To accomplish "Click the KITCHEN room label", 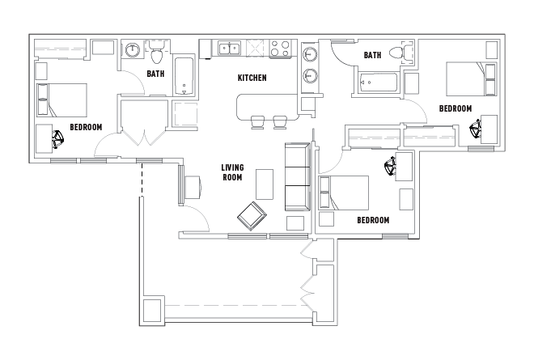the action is (252, 78).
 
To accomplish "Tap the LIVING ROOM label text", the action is (232, 172).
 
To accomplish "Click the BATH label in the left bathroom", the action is (155, 74).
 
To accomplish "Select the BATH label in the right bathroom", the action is (372, 55).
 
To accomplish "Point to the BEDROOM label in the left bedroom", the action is (86, 127).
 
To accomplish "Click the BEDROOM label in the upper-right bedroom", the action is (456, 108).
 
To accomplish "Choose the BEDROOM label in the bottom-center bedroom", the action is (373, 220).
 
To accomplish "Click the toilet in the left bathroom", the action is (157, 54).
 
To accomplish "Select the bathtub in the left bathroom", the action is (184, 76).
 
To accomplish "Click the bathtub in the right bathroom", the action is (379, 82).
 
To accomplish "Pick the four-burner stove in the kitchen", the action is (280, 48).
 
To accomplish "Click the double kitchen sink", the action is (230, 48).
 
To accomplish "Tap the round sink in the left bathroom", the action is (132, 50).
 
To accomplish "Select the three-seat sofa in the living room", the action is (297, 176).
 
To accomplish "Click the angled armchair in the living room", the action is (252, 216).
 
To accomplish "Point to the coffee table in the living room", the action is (265, 184).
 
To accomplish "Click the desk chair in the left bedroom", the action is (58, 139).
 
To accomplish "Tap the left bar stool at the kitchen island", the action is (257, 122).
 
